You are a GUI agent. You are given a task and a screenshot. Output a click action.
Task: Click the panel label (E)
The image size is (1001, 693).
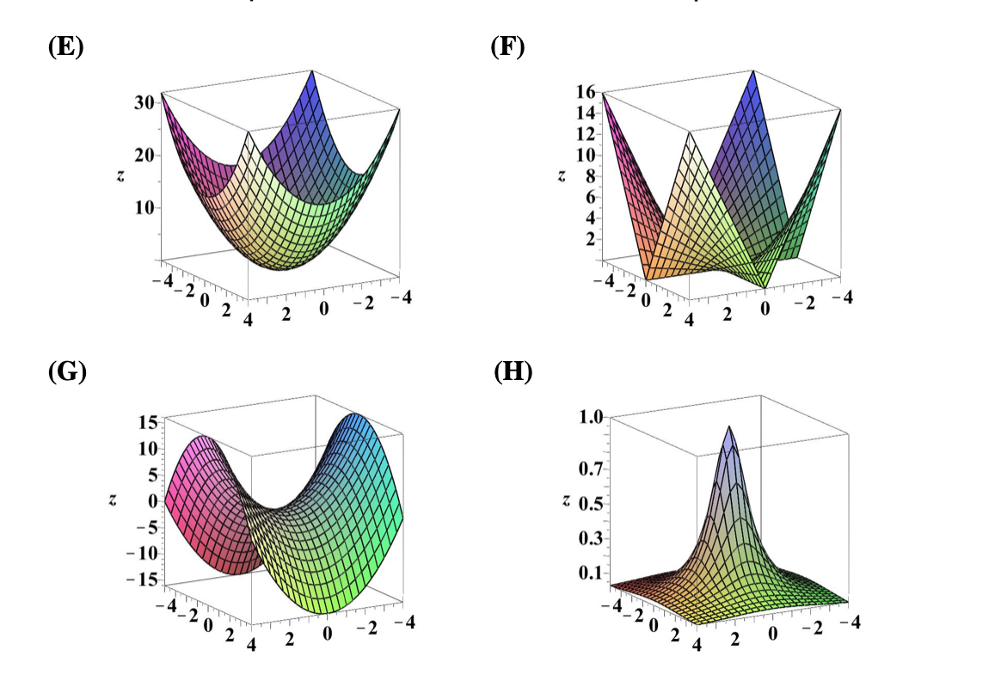[x=65, y=47]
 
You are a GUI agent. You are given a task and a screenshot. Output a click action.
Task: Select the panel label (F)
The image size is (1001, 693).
[x=507, y=46]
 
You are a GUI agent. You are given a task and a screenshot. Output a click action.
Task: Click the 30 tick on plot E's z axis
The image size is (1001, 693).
[x=144, y=101]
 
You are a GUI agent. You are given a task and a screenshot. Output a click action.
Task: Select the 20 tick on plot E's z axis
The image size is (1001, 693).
[x=144, y=156]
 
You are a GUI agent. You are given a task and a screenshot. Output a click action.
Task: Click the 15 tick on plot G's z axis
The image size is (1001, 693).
[x=145, y=422]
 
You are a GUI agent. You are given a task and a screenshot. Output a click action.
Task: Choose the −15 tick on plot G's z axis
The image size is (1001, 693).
[x=139, y=580]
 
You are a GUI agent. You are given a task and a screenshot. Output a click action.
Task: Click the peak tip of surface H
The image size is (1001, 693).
[x=729, y=426]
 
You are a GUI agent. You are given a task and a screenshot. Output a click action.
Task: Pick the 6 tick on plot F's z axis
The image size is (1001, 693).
[x=591, y=197]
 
